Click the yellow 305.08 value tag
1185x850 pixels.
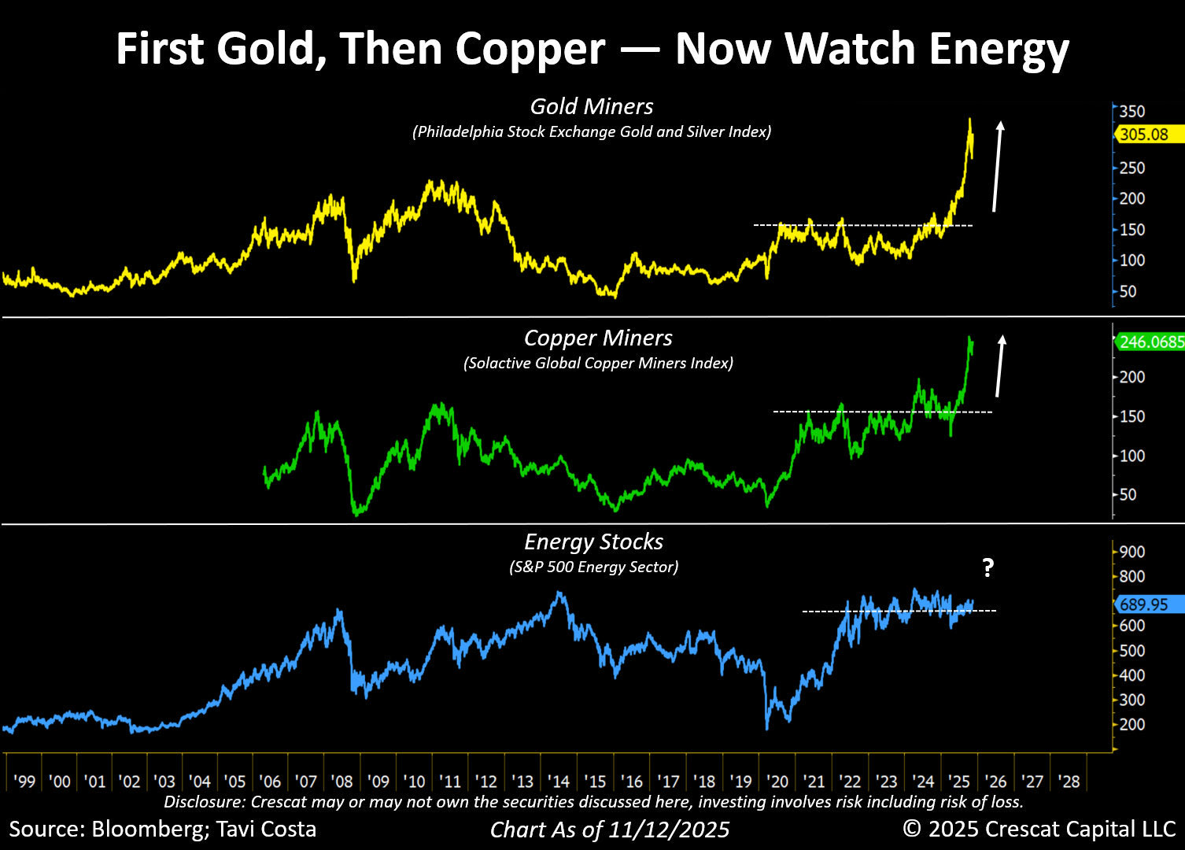(x=1150, y=135)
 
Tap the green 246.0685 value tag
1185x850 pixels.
(x=1150, y=342)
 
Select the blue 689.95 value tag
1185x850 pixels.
(x=1150, y=604)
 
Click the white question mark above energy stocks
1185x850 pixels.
(x=988, y=568)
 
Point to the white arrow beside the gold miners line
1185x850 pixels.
(x=998, y=166)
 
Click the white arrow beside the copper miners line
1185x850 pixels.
(x=1000, y=366)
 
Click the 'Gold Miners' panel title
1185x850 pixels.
(x=592, y=106)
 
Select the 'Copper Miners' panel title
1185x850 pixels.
(x=598, y=338)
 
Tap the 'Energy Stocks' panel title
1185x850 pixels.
(x=593, y=541)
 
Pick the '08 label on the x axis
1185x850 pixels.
(x=341, y=782)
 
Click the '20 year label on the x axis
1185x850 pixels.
(x=777, y=782)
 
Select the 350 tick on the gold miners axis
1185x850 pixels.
(x=1132, y=111)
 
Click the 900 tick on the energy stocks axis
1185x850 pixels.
(x=1132, y=552)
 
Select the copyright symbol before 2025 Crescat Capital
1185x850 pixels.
(x=911, y=829)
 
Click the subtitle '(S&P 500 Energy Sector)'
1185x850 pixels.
(x=593, y=567)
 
